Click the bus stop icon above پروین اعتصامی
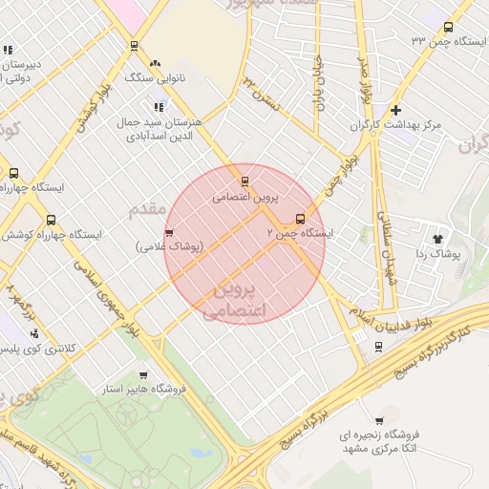pos(245,181)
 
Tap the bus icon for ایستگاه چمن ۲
pos(301,218)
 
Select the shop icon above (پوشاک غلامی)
pos(169,232)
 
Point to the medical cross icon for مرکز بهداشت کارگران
pos(395,110)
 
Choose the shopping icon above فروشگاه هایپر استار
pos(143,375)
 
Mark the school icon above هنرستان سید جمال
pos(157,107)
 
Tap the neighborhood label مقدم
pos(147,207)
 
